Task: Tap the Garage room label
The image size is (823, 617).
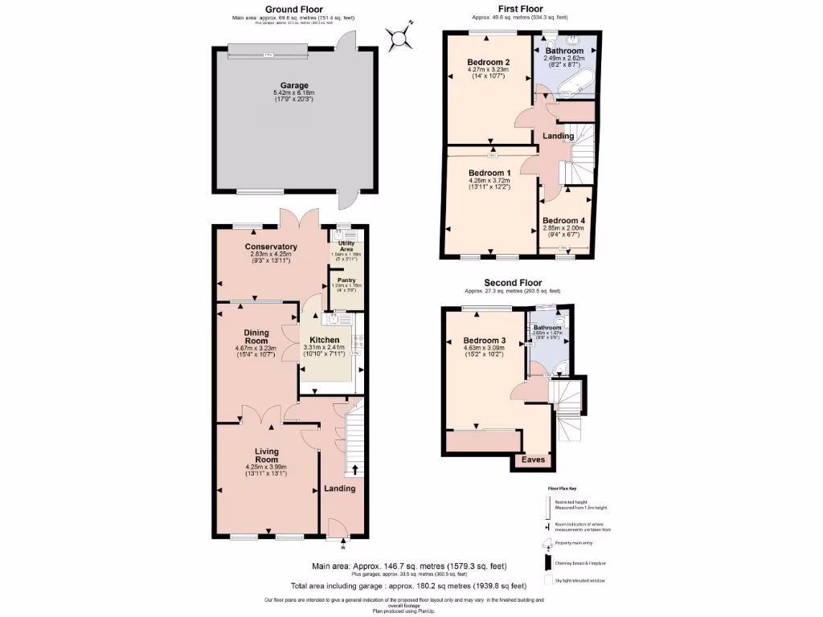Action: point(293,85)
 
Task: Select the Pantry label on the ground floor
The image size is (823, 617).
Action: point(346,280)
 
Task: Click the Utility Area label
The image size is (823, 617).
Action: point(346,245)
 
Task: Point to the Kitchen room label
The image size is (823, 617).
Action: point(325,340)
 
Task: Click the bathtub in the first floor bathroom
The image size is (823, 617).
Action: point(573,83)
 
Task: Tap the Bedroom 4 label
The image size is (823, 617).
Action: point(564,220)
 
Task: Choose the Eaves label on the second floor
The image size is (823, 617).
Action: point(534,460)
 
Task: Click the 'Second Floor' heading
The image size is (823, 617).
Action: point(512,283)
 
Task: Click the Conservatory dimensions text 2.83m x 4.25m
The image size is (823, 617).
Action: point(271,255)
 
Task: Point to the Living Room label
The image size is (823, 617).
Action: point(267,456)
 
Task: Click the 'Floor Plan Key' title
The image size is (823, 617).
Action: point(562,488)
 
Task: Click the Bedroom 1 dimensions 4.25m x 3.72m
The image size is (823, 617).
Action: point(489,181)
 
